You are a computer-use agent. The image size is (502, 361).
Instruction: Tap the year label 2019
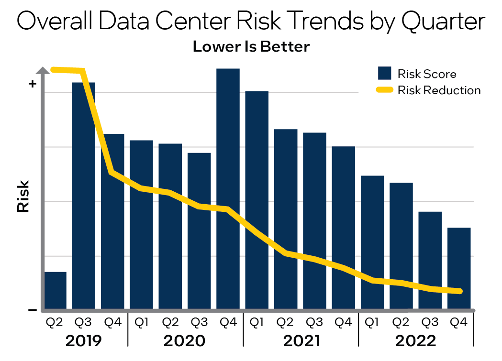click(84, 341)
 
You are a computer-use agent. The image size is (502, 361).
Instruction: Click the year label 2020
click(184, 341)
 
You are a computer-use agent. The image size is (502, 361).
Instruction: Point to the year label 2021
click(301, 341)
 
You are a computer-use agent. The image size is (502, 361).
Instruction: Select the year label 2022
click(415, 341)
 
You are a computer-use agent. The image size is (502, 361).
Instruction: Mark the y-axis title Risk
click(23, 196)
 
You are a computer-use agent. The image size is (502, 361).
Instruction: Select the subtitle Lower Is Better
click(251, 47)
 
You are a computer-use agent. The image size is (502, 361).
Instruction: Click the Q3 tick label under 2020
click(199, 323)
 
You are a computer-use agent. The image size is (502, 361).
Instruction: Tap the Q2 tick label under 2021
click(286, 323)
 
